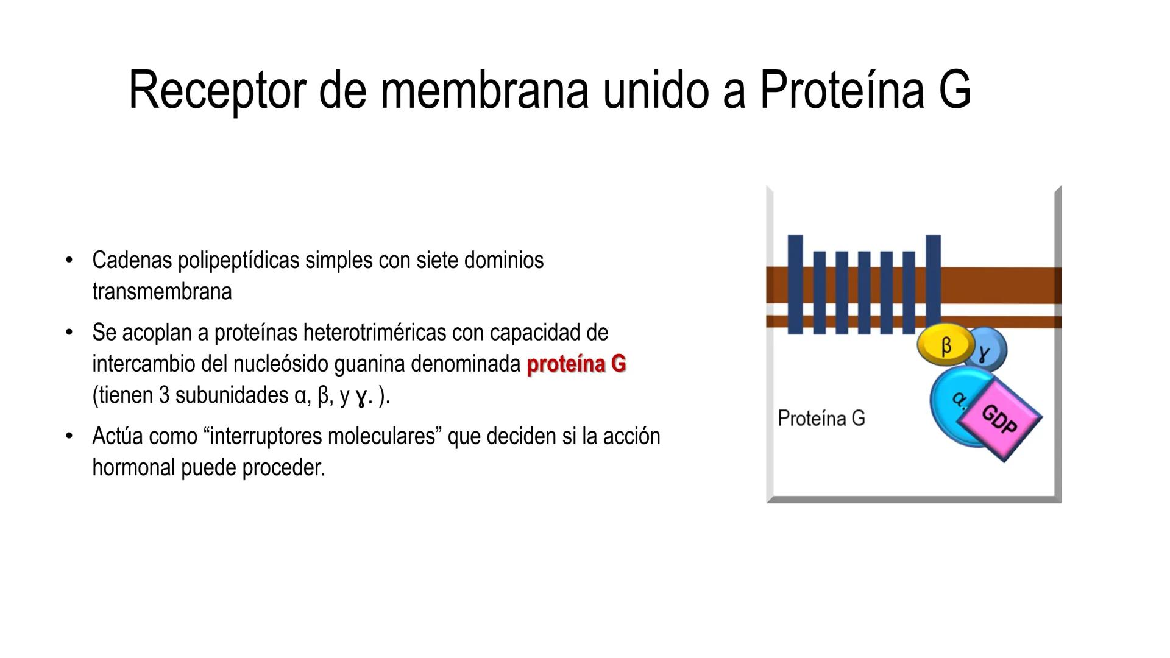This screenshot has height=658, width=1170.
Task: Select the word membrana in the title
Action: (484, 90)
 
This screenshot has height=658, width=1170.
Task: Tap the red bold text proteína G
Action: (576, 364)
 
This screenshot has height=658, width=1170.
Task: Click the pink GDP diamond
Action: (1001, 419)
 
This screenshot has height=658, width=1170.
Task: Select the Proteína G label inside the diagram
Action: (821, 419)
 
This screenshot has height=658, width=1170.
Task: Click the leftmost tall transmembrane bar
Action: (795, 284)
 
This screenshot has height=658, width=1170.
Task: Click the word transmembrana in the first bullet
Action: (161, 292)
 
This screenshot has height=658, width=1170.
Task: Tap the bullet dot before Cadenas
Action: (69, 261)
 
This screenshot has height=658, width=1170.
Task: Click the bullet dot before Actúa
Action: (69, 436)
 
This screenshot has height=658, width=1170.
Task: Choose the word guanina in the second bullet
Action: (370, 364)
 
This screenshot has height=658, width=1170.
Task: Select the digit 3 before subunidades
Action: (164, 396)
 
